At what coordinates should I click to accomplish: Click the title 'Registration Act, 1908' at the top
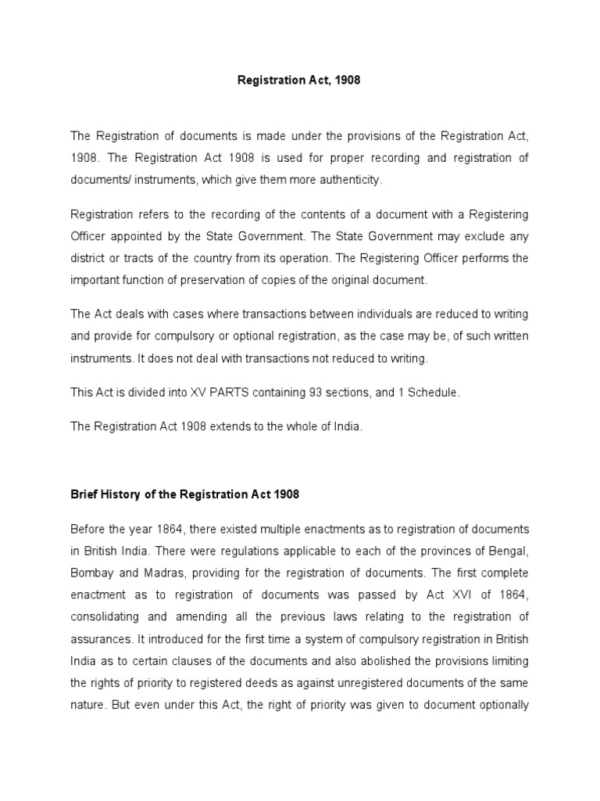(299, 81)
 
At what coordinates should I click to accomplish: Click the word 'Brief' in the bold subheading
(85, 495)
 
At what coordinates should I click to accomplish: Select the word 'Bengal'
(509, 551)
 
